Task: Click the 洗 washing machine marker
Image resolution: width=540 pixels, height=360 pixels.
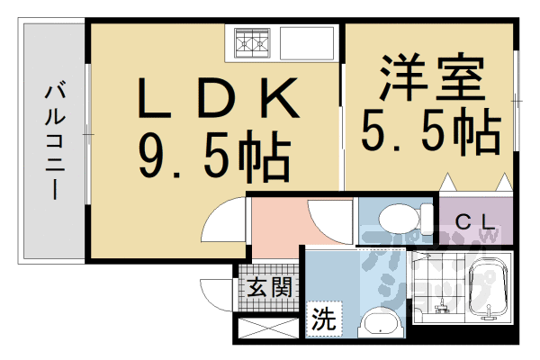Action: point(322,318)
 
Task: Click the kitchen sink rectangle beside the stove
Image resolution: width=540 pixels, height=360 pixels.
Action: point(307,41)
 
